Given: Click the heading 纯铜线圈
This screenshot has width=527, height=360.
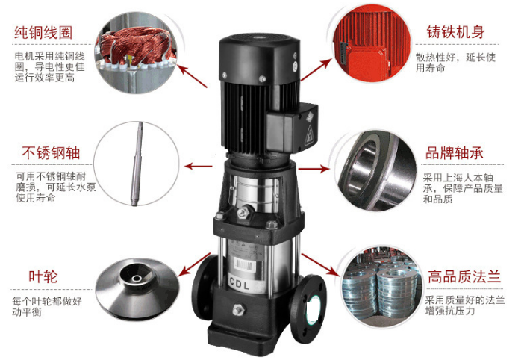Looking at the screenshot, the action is pos(43,33).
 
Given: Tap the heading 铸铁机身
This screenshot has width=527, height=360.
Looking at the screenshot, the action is pos(456,32).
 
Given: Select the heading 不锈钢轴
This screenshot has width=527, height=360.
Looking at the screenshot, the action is pos(51,152).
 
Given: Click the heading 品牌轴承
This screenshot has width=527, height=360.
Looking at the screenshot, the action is pos(455,153).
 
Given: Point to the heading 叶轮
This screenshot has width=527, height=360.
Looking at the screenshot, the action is pos(43,276).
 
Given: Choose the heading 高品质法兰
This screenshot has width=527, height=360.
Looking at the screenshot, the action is pos(464,276).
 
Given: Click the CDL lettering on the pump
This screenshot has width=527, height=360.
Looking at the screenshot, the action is pos(240,284).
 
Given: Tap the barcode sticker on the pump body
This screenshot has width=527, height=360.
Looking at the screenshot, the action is pos(244,265).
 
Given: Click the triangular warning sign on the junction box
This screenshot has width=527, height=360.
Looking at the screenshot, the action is pos(309,134).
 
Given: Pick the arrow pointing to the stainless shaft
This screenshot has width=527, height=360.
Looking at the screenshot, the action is pos(199,166).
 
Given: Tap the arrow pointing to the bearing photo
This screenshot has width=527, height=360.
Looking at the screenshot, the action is pos(314,168).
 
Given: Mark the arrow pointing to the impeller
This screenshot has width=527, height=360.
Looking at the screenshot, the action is pos(193,264).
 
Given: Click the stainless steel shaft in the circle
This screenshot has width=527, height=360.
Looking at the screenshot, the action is pos(137,164).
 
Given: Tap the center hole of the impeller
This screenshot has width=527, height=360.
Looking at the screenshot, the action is pos(137,279).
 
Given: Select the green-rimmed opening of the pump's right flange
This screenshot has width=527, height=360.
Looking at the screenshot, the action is pos(314,309).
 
